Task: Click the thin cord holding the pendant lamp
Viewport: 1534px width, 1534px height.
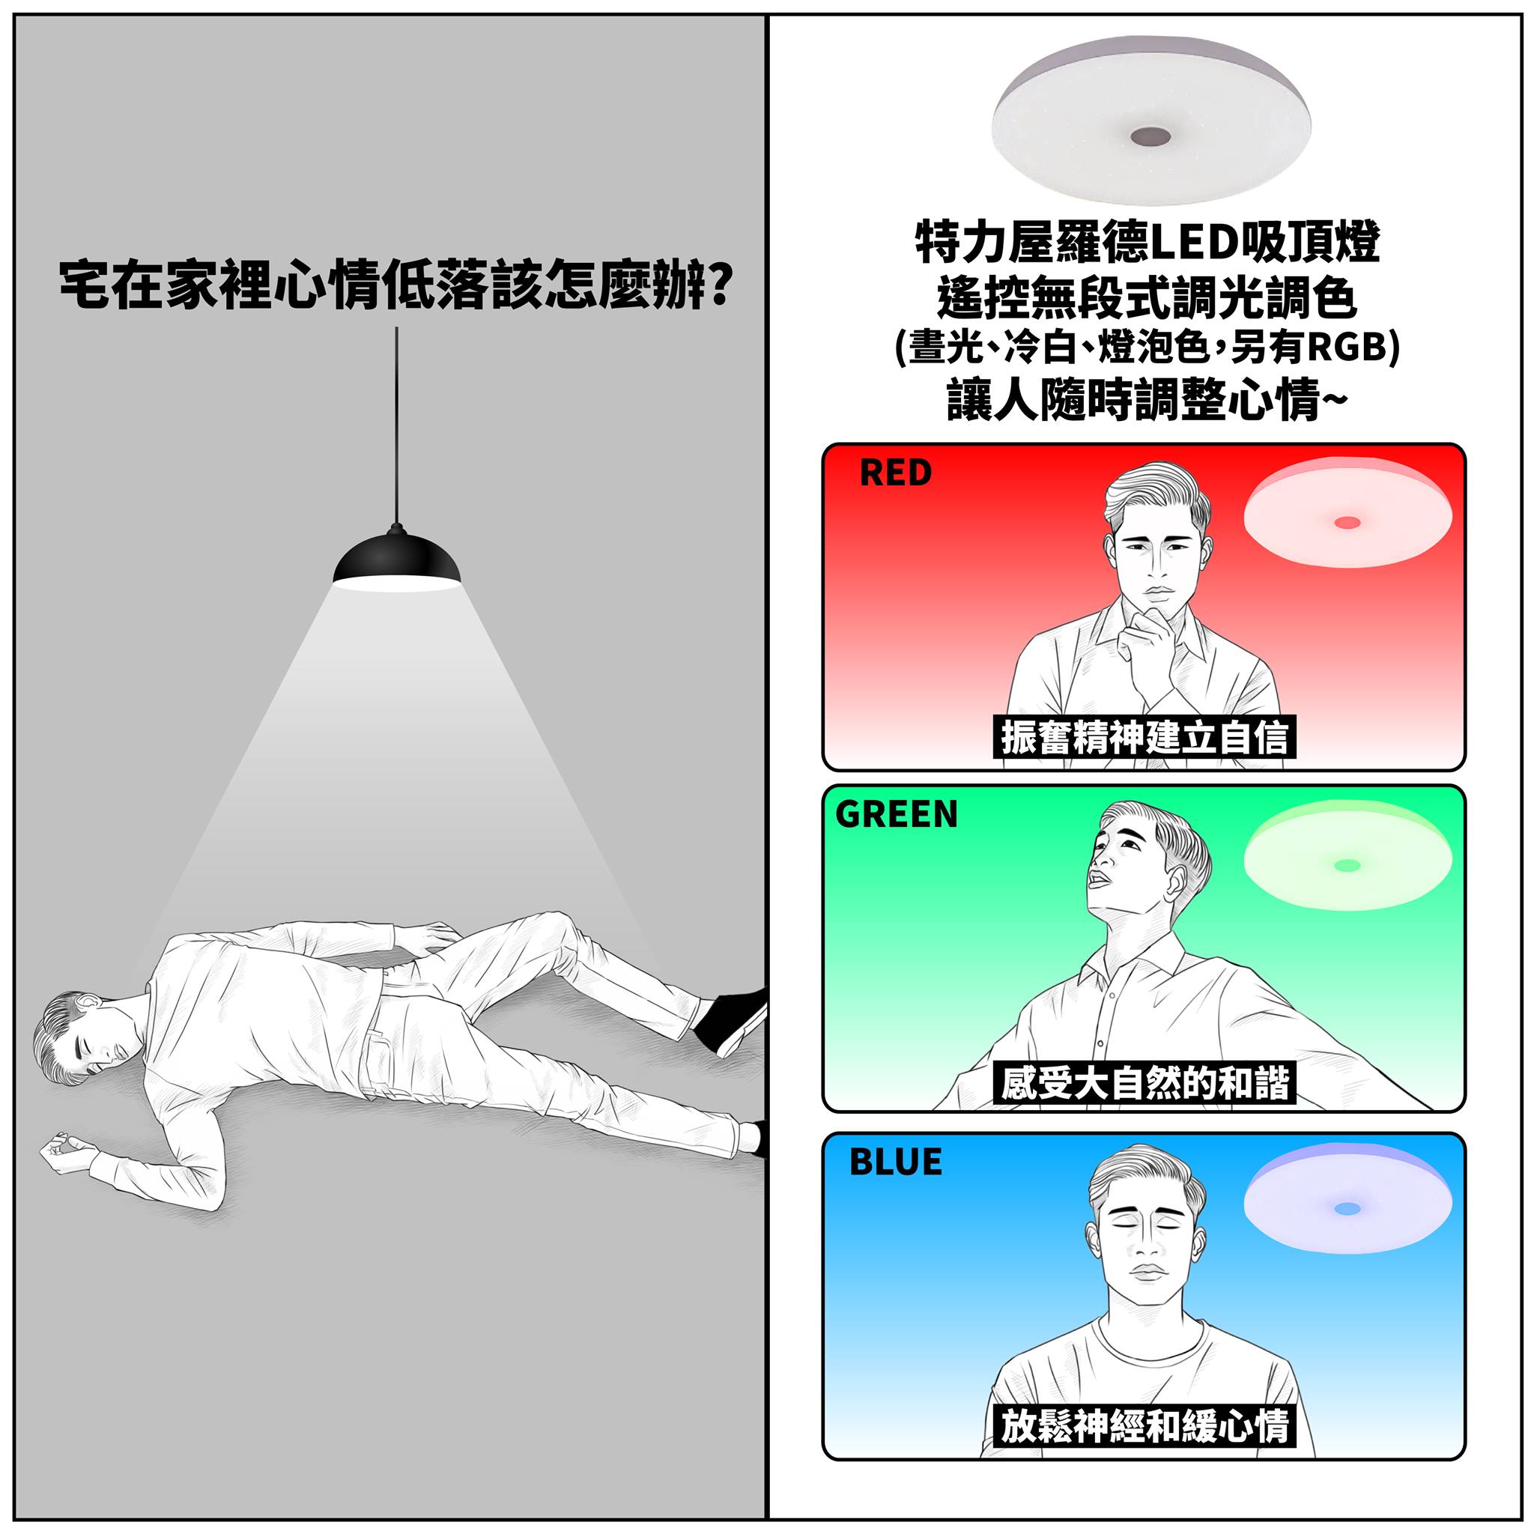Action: point(397,425)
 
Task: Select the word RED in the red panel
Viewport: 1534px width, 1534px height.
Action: point(895,473)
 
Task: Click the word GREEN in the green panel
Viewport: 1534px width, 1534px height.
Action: point(897,814)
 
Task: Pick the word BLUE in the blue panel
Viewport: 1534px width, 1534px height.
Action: point(896,1162)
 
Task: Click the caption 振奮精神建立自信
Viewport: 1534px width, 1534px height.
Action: point(1145,736)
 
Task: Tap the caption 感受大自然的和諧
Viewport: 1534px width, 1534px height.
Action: point(1145,1082)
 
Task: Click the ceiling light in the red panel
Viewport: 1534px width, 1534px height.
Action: point(1347,514)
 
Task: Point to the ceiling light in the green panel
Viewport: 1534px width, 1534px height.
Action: point(1347,855)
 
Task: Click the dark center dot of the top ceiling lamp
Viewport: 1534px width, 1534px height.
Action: point(1150,136)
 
